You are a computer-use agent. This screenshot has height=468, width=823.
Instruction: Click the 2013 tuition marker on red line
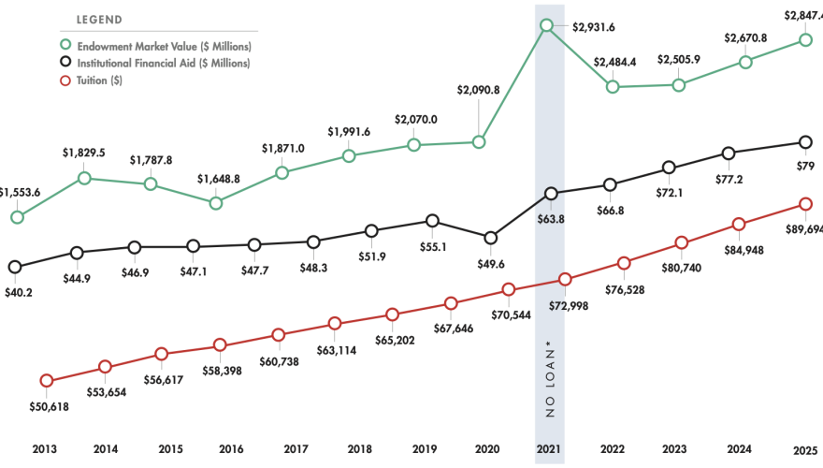click(x=47, y=380)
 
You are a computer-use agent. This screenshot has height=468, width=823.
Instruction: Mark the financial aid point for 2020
click(x=490, y=237)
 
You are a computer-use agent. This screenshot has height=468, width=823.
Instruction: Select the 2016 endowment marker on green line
click(x=216, y=202)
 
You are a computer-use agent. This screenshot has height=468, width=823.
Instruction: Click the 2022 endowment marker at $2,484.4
click(x=613, y=86)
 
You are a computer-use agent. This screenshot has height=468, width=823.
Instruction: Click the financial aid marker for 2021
click(x=550, y=194)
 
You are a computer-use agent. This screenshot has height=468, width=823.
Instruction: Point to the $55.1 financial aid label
click(x=432, y=247)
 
